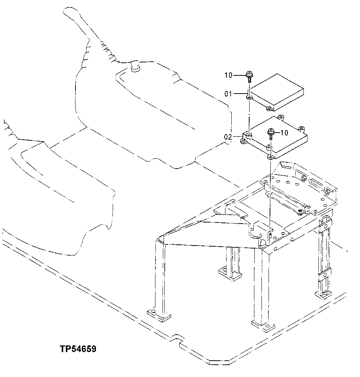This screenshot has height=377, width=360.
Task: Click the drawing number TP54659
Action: click(x=78, y=349)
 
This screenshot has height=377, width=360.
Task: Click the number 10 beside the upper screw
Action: click(x=228, y=75)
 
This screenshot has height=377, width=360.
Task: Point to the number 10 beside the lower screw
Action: click(x=284, y=133)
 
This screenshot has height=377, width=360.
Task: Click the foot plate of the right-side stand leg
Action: click(x=323, y=295)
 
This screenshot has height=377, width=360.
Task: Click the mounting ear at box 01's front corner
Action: click(x=249, y=97)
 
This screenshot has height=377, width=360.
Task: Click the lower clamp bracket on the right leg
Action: click(x=325, y=275)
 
